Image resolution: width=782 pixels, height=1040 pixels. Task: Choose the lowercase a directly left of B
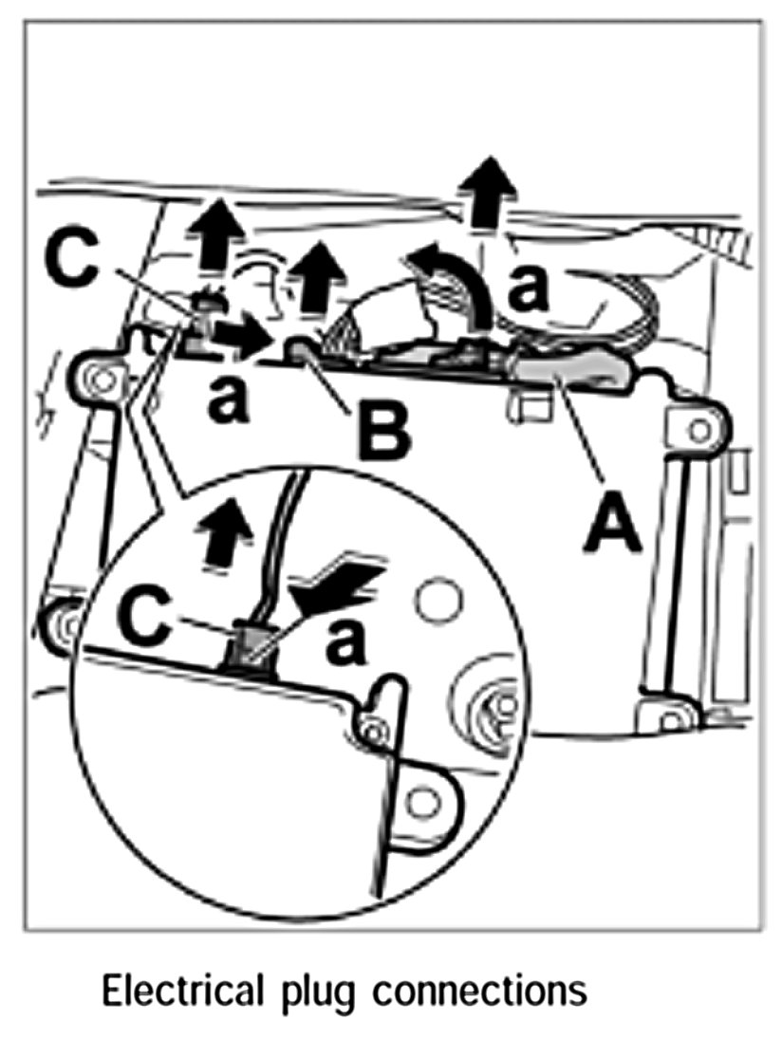[226, 404]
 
